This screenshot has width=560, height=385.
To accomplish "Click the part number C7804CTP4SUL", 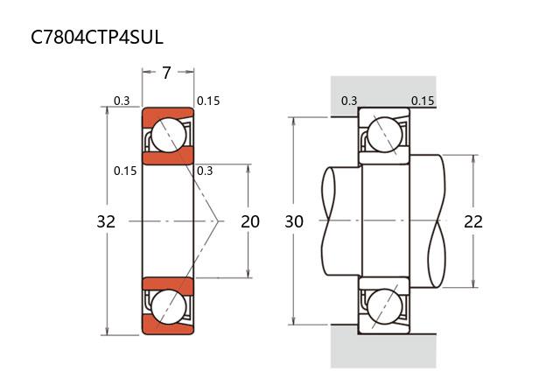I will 96,37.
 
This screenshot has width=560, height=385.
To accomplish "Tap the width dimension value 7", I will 166,73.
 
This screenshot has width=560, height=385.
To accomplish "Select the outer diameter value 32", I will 106,221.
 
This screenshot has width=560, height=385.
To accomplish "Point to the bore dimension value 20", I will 250,221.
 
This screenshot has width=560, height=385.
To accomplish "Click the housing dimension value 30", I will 294,221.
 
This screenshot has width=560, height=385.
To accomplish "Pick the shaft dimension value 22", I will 473,221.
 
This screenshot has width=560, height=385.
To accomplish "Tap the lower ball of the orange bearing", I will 167,307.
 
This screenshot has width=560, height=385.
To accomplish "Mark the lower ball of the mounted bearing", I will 384,307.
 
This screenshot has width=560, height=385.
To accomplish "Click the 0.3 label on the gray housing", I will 349,101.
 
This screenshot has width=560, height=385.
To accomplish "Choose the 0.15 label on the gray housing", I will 423,101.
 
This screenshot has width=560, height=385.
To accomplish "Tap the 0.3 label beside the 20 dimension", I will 206,171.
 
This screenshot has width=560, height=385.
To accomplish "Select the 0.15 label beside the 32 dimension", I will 125,171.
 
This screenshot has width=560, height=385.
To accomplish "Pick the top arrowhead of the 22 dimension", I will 473,158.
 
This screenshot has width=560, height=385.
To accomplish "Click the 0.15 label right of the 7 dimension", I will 208,101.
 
